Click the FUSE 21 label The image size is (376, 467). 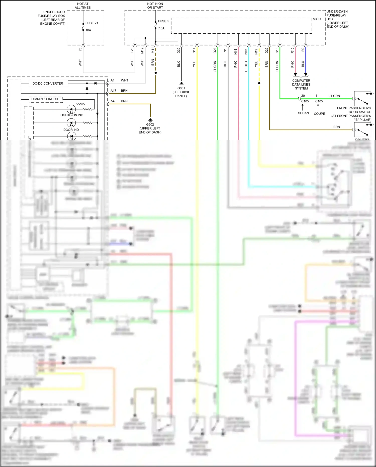tap(91, 23)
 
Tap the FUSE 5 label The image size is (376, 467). tap(163, 21)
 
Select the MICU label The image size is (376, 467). tap(317, 19)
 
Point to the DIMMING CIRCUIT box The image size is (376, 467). tap(45, 99)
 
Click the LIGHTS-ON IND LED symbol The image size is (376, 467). tap(71, 109)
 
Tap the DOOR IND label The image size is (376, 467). tap(71, 130)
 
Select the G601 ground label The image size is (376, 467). tap(181, 88)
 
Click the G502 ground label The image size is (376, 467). tap(150, 124)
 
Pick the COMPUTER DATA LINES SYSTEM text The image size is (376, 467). tap(301, 85)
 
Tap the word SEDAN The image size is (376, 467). tap(303, 113)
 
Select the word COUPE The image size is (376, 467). tap(319, 114)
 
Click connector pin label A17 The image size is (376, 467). tap(113, 91)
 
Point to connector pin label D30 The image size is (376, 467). tap(179, 50)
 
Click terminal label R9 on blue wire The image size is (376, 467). tap(303, 50)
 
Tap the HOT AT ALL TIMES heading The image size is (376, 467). tap(83, 6)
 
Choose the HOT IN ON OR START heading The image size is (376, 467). tap(155, 6)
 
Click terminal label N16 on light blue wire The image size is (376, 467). tap(246, 51)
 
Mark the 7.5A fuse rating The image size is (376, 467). tap(161, 28)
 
